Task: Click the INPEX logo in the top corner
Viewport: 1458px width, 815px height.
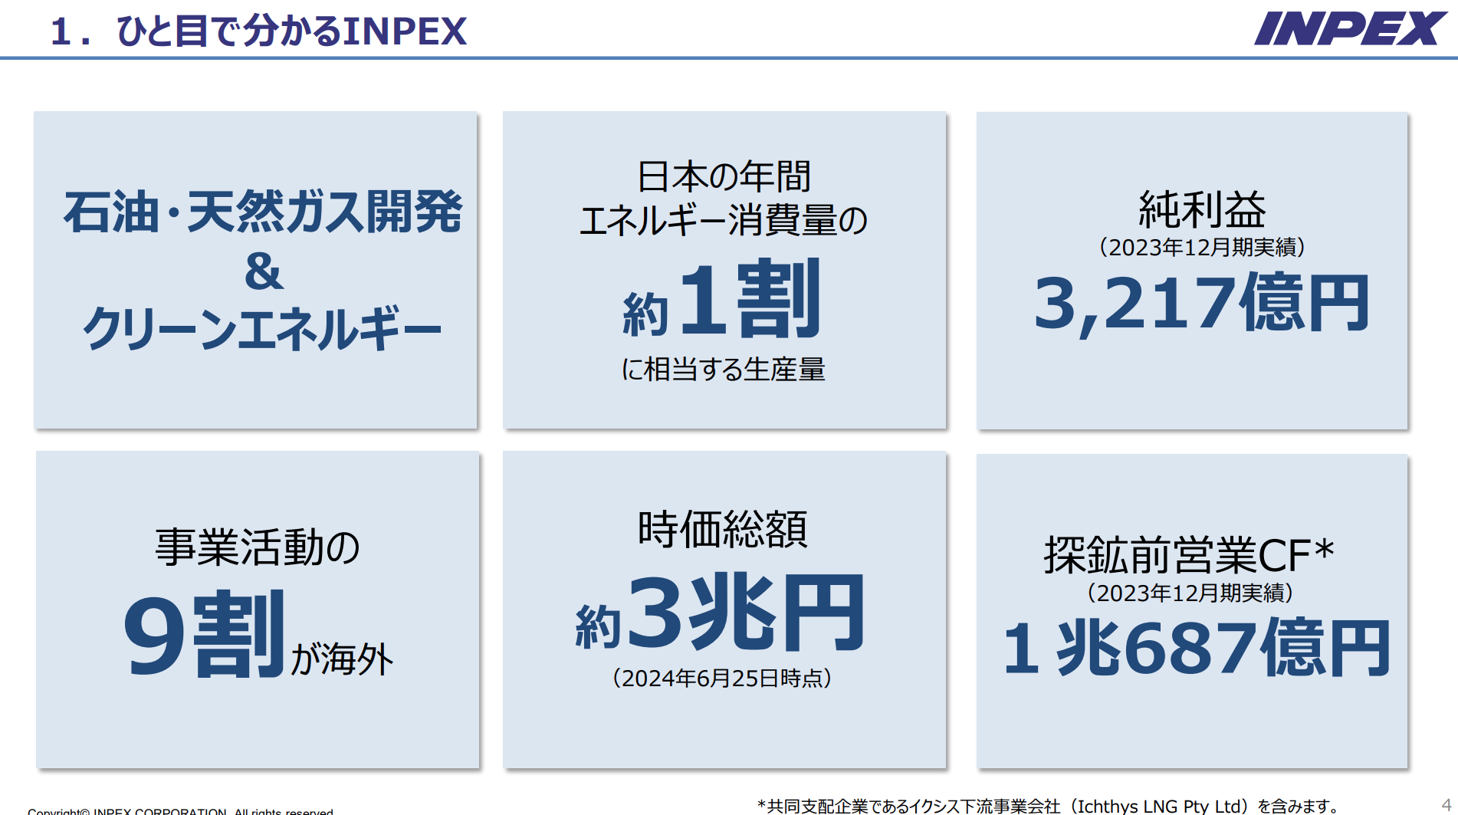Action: point(1350,28)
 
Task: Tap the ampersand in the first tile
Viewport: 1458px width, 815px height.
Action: point(264,272)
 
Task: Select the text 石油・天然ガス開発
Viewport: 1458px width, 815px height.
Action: point(263,212)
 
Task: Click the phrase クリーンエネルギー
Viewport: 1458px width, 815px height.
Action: point(262,328)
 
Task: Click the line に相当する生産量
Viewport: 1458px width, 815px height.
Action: point(723,370)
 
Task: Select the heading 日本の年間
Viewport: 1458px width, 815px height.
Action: point(724,176)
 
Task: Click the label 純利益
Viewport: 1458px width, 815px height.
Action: point(1201,209)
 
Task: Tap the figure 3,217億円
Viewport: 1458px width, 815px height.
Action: point(1201,303)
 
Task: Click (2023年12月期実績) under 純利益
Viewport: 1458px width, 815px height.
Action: point(1201,248)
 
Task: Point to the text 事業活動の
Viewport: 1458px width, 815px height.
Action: point(258,547)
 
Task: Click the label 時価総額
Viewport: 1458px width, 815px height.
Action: point(723,529)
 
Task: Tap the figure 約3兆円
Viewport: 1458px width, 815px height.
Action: point(721,613)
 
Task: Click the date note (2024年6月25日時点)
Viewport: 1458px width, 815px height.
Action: point(722,679)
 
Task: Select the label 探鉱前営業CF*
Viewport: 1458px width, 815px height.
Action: point(1189,554)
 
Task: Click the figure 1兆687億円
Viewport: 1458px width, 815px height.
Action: point(1196,649)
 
